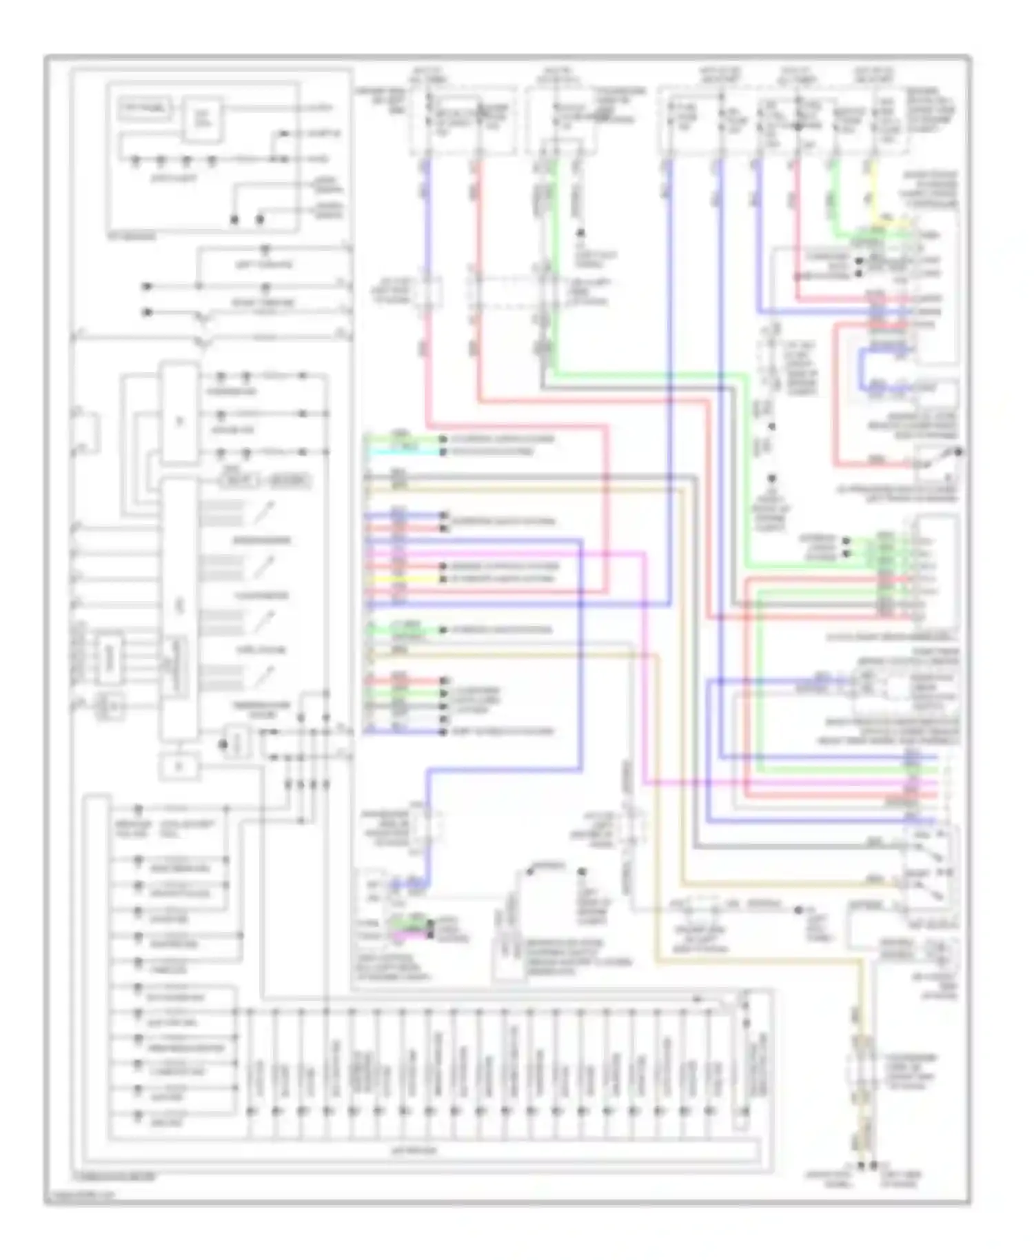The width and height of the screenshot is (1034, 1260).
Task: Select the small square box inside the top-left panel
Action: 203,119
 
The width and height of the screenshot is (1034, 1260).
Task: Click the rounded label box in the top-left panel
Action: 145,108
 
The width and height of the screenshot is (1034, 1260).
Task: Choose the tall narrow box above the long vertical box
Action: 179,412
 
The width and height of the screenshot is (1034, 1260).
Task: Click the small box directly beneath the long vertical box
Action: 179,766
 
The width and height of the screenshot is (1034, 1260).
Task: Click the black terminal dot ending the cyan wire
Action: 444,452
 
